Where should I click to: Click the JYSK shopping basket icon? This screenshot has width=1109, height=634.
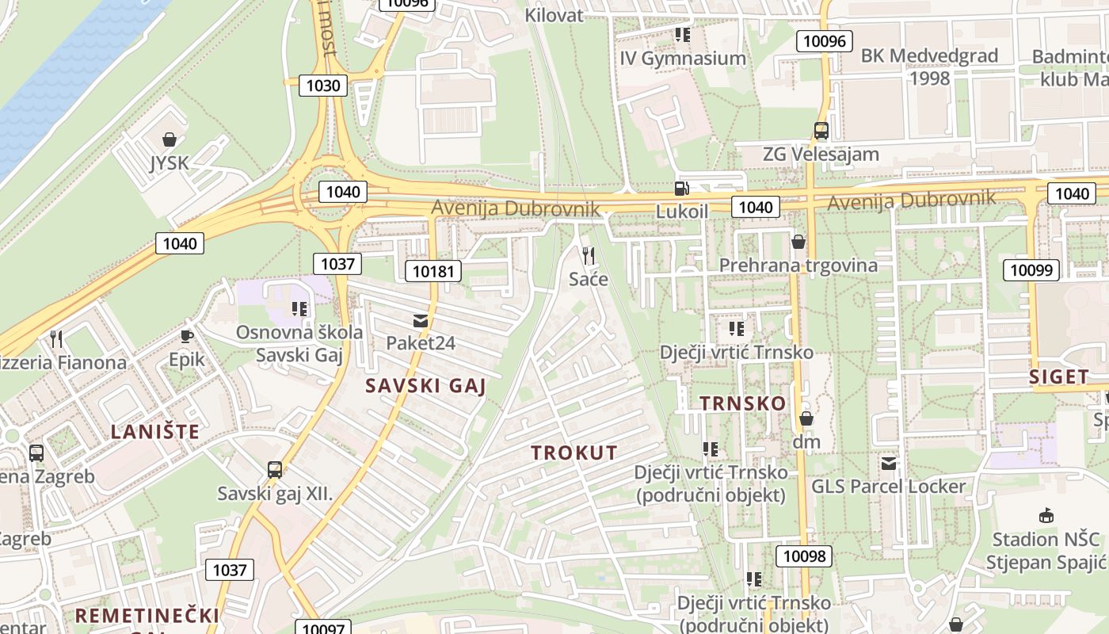[170, 140]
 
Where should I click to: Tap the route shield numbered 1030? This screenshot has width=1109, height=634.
[323, 86]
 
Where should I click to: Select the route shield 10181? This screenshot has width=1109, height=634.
[433, 272]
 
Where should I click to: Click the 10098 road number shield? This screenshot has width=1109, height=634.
[804, 556]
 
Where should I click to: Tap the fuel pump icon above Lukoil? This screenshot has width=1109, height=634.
[681, 188]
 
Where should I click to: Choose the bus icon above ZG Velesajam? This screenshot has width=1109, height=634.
[821, 131]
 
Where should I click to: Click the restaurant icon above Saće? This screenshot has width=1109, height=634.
[589, 255]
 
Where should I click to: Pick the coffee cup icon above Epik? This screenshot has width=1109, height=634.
[187, 336]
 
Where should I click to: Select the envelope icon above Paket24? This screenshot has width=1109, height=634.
[420, 321]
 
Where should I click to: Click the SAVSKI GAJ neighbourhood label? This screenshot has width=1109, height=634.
[425, 387]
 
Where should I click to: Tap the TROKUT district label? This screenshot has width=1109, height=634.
[574, 453]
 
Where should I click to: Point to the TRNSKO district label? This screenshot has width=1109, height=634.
[743, 403]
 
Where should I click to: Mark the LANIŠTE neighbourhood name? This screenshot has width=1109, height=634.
[155, 432]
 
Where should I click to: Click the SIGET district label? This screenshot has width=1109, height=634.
[1059, 377]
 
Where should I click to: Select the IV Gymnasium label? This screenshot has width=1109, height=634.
[683, 59]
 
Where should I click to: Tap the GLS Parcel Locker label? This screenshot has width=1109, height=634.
[889, 487]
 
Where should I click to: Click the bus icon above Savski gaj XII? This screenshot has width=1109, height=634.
[275, 470]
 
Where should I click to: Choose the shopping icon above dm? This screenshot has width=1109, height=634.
[806, 418]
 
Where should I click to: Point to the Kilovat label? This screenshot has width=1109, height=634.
[554, 15]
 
